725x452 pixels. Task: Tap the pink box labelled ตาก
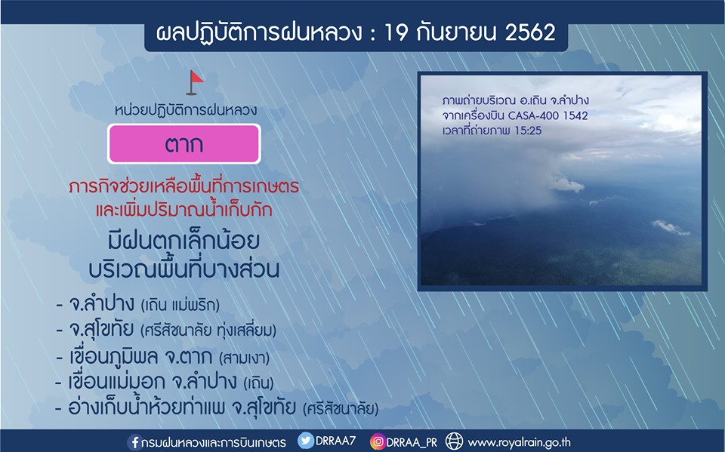[x=184, y=143]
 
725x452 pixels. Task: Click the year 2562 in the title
[x=530, y=32]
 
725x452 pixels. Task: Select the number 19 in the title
[x=395, y=32]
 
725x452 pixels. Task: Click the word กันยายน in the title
[x=456, y=32]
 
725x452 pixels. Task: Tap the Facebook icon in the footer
[x=134, y=442]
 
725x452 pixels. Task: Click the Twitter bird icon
[x=306, y=441]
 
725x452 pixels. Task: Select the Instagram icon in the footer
[x=378, y=442]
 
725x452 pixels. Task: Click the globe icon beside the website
[x=454, y=441]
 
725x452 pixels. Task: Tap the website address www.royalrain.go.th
[x=520, y=442]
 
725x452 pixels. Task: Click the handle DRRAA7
[x=335, y=441]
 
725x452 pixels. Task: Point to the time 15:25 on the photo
[x=528, y=131]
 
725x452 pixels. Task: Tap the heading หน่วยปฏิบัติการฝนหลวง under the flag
[x=186, y=110]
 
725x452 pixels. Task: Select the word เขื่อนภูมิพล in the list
[x=114, y=356]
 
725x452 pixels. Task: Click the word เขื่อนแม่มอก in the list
[x=116, y=382]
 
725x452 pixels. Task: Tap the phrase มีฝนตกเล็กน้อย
[x=184, y=240]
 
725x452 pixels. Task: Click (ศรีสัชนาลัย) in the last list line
[x=341, y=408]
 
